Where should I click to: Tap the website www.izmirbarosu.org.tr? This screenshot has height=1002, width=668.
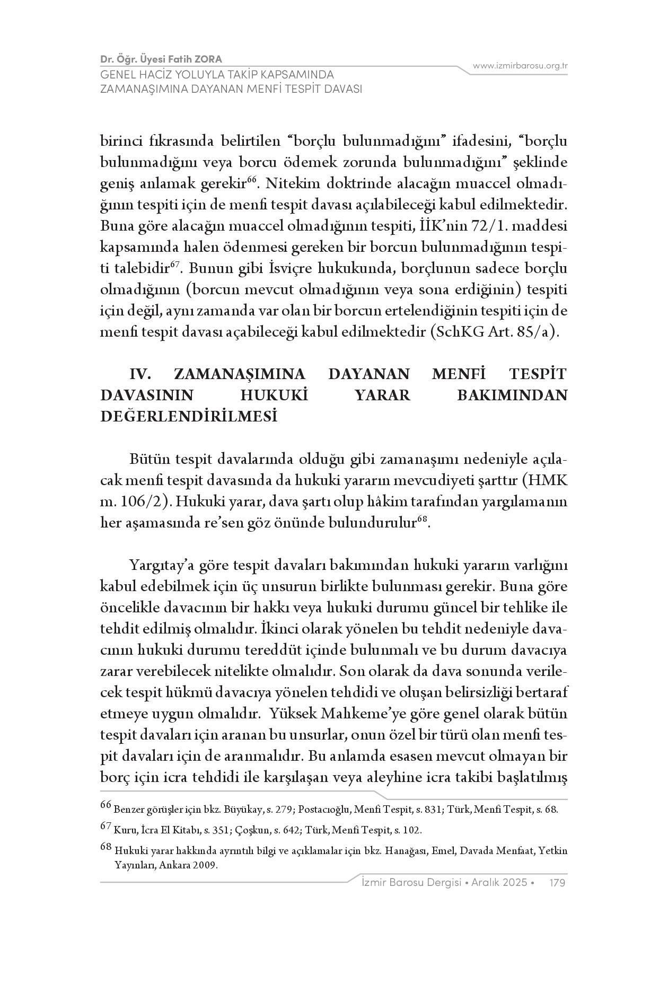(520, 66)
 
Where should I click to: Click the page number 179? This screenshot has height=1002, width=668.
(558, 883)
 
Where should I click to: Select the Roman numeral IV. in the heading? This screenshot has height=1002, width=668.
(141, 374)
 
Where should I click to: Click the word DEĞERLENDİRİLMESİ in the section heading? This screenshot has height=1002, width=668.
(189, 416)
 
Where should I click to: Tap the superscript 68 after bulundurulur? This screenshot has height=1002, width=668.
(422, 520)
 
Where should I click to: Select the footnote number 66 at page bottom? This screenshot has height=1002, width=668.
(106, 806)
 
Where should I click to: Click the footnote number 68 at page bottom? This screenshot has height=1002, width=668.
(106, 848)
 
